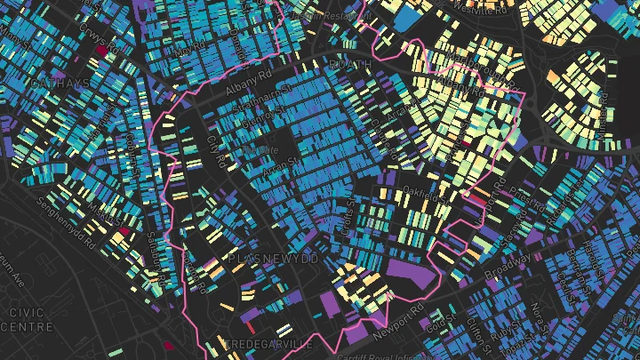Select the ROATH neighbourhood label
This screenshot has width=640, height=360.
(347, 65)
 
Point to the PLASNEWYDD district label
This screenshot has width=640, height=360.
(273, 258)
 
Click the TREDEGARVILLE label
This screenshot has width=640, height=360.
(268, 343)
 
